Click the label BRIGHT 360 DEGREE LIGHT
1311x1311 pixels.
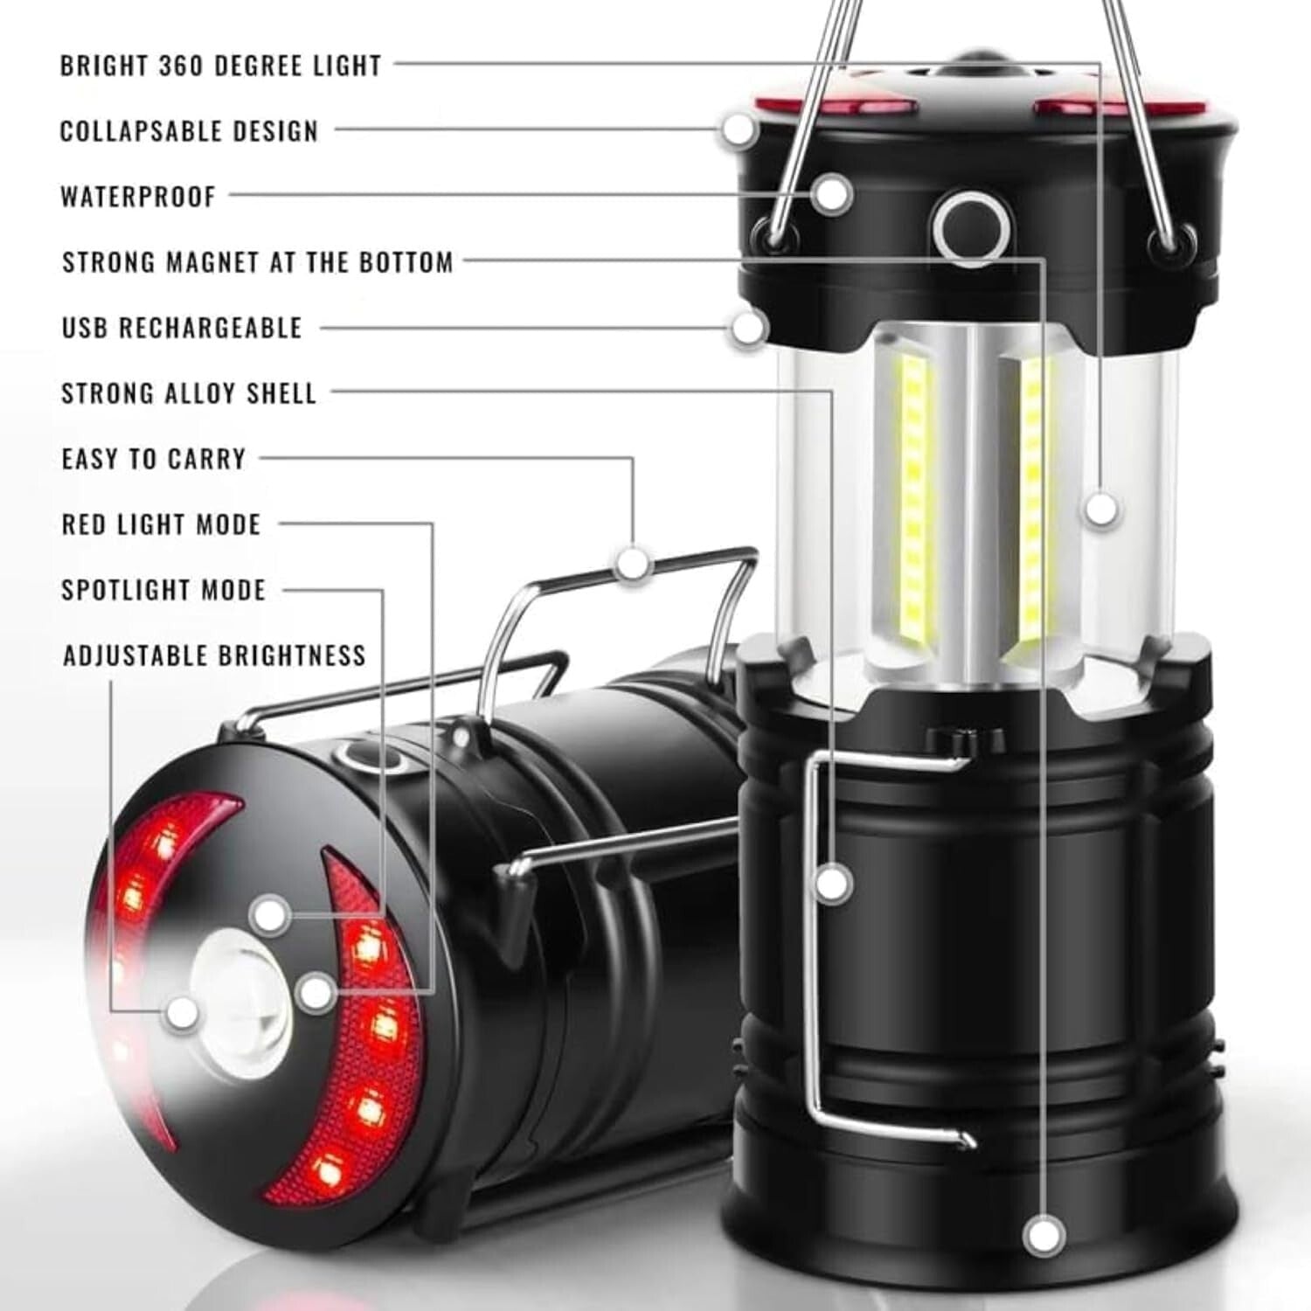[x=220, y=66]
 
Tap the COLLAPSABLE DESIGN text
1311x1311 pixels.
[x=189, y=131]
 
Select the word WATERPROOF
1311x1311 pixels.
[x=138, y=197]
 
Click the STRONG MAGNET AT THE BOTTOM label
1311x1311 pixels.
[x=258, y=262]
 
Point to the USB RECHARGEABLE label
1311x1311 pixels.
[x=182, y=328]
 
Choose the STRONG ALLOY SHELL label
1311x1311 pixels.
[x=189, y=393]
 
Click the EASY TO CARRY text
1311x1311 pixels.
[x=154, y=459]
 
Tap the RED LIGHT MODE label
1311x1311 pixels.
[x=162, y=524]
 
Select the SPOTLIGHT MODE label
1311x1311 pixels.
[x=163, y=590]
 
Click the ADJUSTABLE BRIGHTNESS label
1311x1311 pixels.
[x=214, y=655]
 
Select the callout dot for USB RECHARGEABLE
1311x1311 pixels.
[x=748, y=329]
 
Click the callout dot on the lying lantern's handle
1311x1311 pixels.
[x=633, y=563]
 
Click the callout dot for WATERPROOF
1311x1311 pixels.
[x=833, y=193]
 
